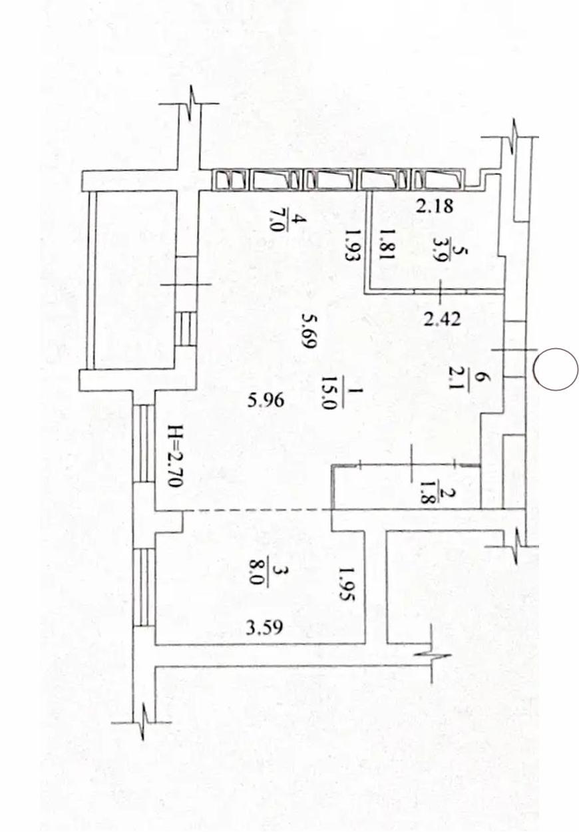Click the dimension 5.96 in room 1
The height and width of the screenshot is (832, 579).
coord(266,401)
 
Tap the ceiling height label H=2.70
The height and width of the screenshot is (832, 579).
coord(175,456)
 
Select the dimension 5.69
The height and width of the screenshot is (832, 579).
coord(309,330)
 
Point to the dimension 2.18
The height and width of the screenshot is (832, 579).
coord(435,206)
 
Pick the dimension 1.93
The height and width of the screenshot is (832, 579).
coord(351,245)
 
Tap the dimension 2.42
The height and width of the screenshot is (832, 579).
coord(443,319)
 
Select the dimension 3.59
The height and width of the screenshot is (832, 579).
coord(264,628)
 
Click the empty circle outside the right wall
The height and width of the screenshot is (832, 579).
coord(555,369)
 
